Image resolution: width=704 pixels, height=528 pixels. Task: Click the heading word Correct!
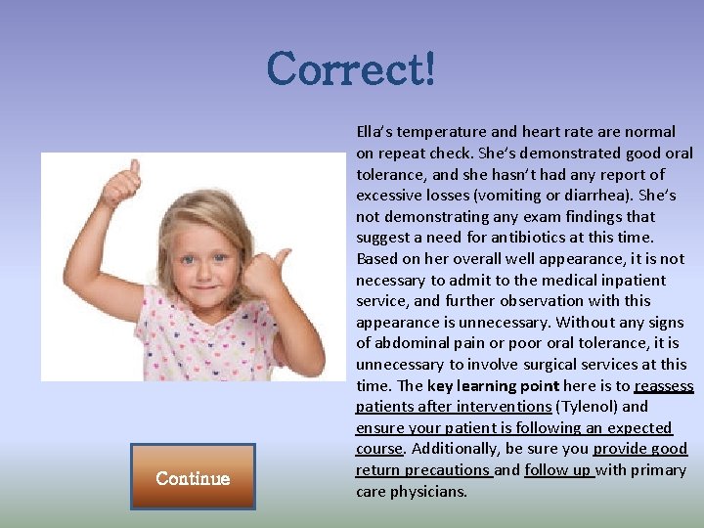[x=351, y=69]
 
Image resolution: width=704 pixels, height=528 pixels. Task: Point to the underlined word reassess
[x=664, y=385]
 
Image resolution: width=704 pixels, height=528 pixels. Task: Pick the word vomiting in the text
[x=516, y=195]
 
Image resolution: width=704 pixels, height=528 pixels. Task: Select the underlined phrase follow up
[x=558, y=470]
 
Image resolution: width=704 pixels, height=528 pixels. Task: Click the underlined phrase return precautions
[x=422, y=470]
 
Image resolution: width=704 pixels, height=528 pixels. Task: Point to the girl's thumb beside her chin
[x=282, y=259]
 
